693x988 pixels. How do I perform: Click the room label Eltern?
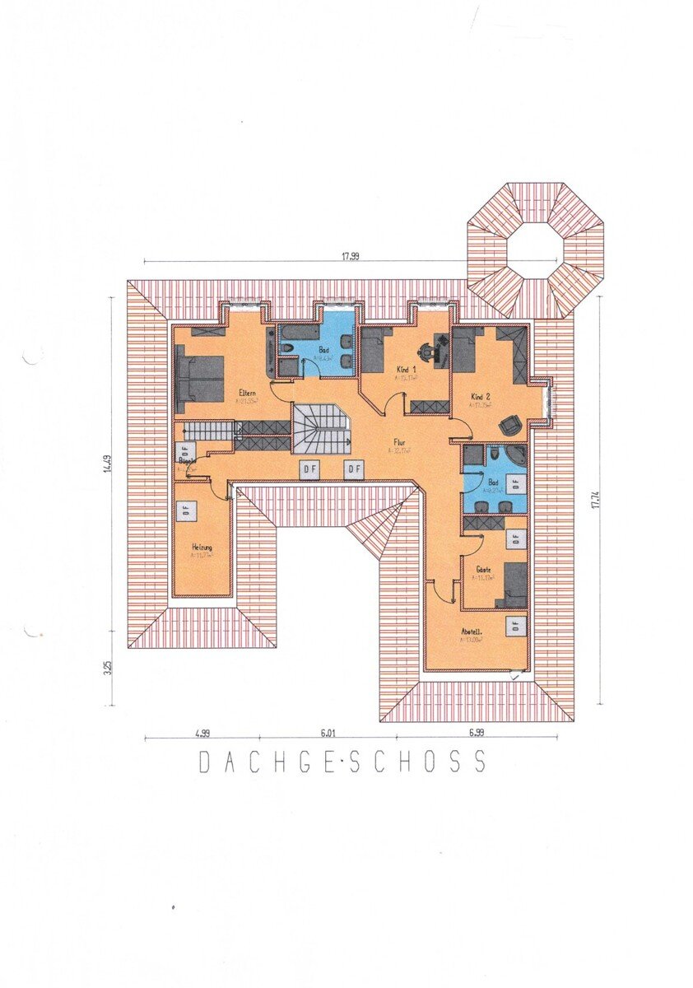248,393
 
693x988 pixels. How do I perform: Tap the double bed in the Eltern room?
200,379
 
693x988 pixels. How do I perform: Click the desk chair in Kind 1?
426,350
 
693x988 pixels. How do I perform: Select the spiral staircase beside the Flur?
322,428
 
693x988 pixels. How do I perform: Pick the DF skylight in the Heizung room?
187,509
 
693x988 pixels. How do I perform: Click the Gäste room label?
483,569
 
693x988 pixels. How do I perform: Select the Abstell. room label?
473,633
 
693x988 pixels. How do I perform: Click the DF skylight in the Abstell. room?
516,625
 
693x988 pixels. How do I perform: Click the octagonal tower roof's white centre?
536,250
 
